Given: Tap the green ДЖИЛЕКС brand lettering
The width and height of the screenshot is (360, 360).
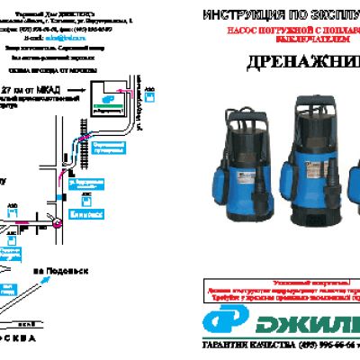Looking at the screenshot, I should pos(310,319).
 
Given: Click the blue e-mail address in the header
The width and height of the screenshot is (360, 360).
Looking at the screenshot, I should pos(59,39).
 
